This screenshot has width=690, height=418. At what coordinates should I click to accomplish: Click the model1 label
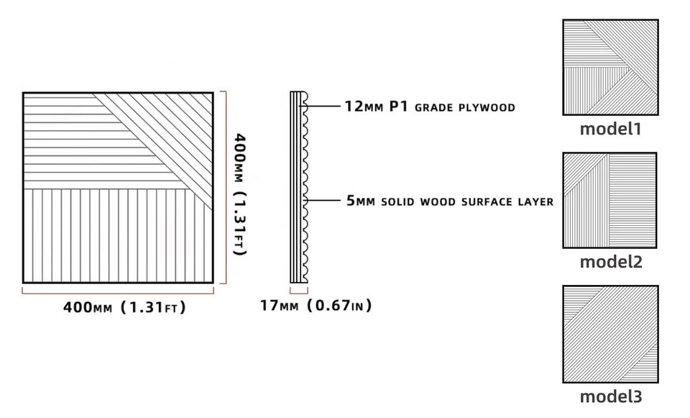tap(610, 130)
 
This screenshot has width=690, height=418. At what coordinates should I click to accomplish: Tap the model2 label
tap(610, 263)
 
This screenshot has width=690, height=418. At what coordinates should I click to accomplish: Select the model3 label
tap(610, 396)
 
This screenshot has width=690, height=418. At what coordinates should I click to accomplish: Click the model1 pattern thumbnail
tap(610, 68)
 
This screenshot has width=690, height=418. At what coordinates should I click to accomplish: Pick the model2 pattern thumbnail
tap(610, 200)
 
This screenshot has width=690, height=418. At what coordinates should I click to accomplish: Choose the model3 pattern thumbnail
tap(610, 334)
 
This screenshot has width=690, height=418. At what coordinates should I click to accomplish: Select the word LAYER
tap(534, 202)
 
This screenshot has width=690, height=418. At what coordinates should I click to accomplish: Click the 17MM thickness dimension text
tap(279, 306)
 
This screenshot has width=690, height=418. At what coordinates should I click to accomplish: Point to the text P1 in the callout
tap(400, 107)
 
